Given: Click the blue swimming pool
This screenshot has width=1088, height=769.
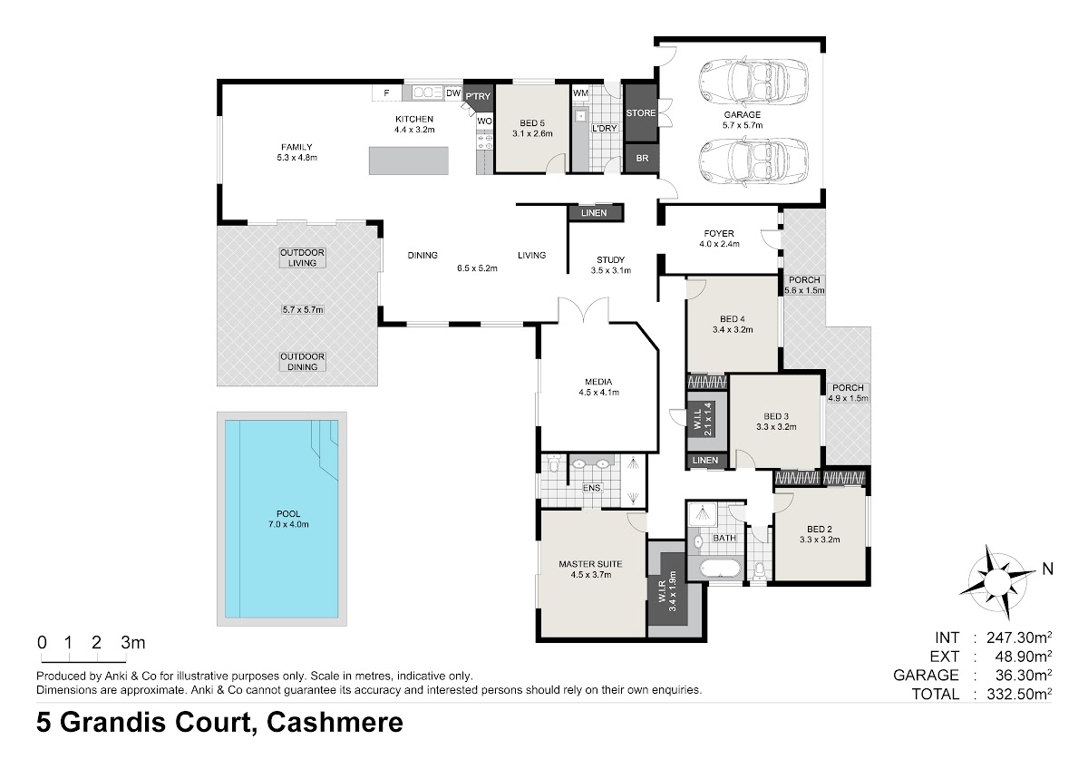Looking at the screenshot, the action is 281,519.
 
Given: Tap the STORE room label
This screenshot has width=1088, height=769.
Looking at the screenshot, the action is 641,112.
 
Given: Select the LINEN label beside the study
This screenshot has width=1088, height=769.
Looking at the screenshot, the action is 594,213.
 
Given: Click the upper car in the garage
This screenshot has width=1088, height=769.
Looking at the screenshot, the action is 753,80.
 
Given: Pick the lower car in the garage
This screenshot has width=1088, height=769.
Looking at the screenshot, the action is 753,161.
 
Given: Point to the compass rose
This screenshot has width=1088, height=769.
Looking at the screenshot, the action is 997,581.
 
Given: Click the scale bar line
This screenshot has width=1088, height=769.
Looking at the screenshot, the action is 83,662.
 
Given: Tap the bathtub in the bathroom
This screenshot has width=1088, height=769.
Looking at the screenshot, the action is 720,569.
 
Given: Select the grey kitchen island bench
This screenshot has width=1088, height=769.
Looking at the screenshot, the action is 409,161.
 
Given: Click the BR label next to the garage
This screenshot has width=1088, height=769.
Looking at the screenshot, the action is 642,159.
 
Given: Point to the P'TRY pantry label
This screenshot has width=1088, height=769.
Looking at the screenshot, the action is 478,96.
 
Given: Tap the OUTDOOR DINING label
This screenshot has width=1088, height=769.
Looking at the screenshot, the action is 302,362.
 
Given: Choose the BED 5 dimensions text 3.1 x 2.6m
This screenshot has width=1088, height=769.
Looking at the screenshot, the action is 532,133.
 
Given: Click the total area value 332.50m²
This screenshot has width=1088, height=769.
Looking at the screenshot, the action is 1019,695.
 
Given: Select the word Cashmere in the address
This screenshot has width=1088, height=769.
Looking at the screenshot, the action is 335,723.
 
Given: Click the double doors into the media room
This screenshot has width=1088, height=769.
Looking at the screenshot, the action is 583,310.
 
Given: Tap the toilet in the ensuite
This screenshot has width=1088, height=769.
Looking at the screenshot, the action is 553,464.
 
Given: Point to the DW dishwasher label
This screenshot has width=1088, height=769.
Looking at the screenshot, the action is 452,93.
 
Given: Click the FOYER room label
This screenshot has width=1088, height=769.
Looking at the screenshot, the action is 719,234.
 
